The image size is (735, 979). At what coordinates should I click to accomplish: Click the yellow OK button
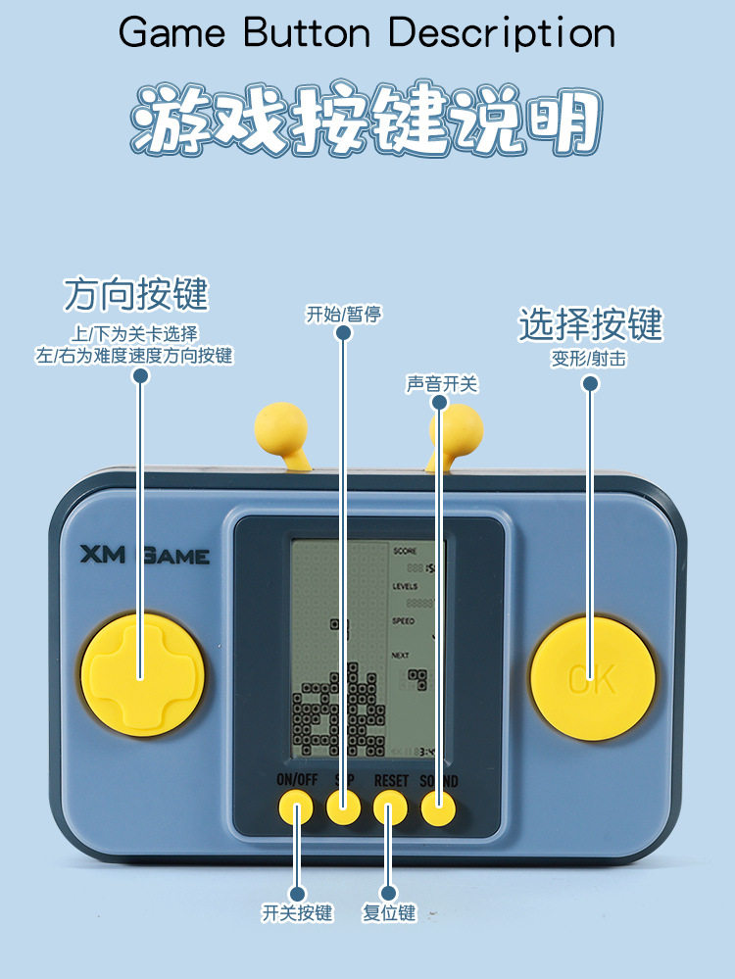pos(592,677)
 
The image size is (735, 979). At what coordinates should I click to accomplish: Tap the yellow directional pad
pos(142,673)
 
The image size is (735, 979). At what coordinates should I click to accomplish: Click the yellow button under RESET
pos(390,810)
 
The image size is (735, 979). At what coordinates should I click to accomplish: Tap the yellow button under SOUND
pos(438,808)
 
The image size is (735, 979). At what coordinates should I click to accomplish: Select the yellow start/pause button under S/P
pos(343,808)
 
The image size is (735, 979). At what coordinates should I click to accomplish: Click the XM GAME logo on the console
pos(144,556)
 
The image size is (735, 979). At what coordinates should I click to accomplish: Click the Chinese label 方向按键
pos(136,294)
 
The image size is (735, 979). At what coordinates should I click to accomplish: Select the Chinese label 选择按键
pos(590,324)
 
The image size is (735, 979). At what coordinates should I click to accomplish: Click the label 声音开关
pos(442,383)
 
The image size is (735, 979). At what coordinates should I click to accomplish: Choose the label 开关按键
pos(297,912)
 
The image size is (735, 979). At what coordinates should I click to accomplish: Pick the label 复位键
pos(389,912)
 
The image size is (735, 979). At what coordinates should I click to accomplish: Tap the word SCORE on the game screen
pos(405,551)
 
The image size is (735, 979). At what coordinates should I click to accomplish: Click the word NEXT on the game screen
pos(401,655)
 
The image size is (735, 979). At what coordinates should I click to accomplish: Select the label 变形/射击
pos(589,359)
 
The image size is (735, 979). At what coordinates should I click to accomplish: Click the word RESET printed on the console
pos(391,781)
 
